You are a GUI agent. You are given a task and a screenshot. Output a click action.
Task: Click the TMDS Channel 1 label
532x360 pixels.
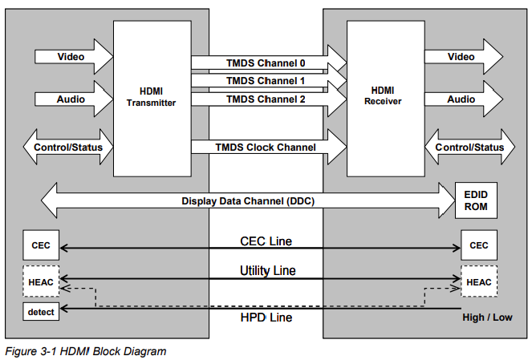coord(266,81)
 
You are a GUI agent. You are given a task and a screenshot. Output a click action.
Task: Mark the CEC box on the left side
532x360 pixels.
coord(40,245)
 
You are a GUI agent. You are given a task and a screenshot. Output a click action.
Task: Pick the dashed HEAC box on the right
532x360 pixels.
coord(479,282)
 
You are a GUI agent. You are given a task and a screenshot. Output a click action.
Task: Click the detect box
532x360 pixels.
coord(40,311)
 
